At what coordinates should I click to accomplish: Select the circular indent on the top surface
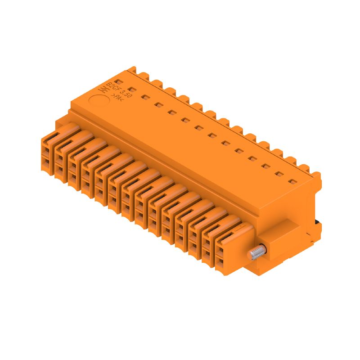click(99, 101)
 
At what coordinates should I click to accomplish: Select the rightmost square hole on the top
click(293, 182)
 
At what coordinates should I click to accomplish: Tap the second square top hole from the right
click(280, 174)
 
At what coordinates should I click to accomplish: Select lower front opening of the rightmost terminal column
click(222, 261)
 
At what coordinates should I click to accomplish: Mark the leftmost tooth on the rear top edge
click(132, 70)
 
